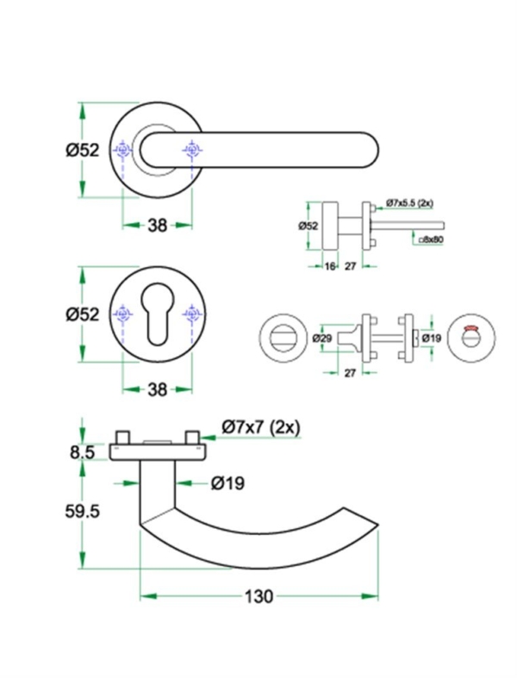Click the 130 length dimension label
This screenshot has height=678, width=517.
259,596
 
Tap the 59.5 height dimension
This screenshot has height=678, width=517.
83,511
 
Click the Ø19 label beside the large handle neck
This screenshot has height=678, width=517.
227,483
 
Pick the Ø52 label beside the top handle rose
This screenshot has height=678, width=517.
83,150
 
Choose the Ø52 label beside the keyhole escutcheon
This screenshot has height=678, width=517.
83,314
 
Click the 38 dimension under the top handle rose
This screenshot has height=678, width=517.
157,225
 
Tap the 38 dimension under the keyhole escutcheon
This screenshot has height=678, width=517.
157,389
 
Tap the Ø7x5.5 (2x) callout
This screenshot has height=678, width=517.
409,202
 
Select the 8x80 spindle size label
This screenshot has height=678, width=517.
431,240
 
